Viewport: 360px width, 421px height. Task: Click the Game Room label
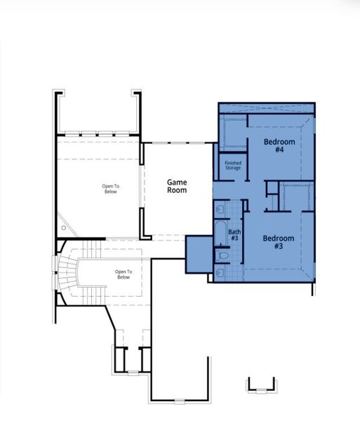point(177,186)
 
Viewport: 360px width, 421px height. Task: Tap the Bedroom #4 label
point(279,145)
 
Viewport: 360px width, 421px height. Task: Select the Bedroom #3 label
point(277,242)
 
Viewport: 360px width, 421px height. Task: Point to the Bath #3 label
point(234,235)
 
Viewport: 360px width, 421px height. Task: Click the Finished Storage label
point(232,166)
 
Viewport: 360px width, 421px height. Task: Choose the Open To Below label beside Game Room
point(111,189)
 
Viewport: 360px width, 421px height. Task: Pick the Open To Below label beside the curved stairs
point(124,274)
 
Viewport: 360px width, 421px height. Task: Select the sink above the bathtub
point(219,208)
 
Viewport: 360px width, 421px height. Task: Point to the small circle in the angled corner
point(65,227)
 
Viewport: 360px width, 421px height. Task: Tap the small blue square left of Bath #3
point(199,254)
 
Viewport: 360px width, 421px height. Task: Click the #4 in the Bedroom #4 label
point(279,149)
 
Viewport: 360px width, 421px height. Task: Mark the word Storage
point(232,168)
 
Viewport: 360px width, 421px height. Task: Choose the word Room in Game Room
point(177,190)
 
